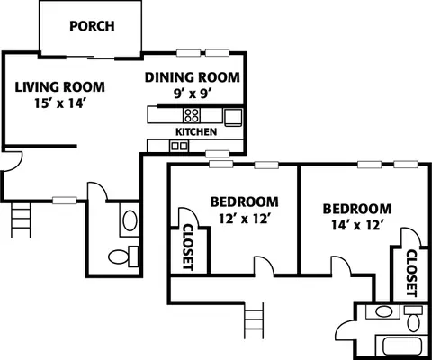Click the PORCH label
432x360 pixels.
pos(92,26)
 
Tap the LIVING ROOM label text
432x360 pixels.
pos(60,87)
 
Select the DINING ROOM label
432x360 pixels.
pos(193,77)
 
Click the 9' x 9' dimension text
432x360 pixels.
pos(193,94)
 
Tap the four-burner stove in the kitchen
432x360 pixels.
pos(192,115)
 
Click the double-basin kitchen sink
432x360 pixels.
pos(179,147)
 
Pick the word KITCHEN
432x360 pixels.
pos(196,131)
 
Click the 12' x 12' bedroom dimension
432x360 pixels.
pos(243,219)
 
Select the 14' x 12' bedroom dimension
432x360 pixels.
pos(356,225)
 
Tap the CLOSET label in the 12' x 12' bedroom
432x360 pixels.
pos(188,247)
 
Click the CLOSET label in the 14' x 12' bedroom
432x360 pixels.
pos(411,273)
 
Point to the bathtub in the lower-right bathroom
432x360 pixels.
pos(402,346)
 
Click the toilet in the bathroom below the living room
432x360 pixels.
pos(123,256)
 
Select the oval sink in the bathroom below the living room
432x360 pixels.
pos(130,220)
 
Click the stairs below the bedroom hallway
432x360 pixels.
pos(254,320)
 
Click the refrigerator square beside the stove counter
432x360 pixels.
pos(233,117)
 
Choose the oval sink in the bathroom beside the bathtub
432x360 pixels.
pos(383,311)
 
